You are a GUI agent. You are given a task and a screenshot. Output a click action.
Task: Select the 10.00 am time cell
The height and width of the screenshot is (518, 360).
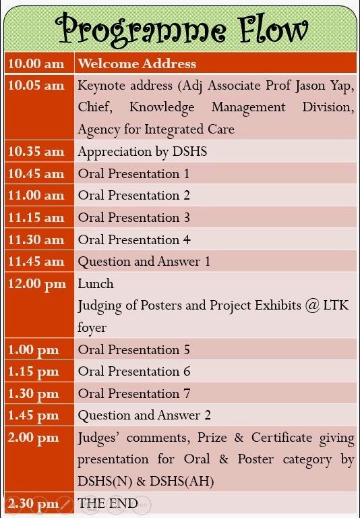(x=36, y=64)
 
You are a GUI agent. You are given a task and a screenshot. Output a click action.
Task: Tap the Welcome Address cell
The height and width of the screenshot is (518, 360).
(x=137, y=64)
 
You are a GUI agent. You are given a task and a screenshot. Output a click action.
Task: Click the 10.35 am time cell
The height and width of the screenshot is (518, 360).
(x=36, y=152)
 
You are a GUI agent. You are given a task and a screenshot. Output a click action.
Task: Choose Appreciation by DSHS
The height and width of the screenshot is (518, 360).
(x=142, y=152)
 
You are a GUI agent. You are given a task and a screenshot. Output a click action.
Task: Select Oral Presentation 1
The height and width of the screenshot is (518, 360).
(x=133, y=174)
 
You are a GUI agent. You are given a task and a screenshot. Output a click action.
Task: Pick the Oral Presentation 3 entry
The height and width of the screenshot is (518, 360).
(x=133, y=218)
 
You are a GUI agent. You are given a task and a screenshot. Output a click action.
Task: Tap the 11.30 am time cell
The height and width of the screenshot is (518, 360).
(x=36, y=239)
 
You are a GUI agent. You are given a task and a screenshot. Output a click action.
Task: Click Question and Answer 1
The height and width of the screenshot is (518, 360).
(x=144, y=262)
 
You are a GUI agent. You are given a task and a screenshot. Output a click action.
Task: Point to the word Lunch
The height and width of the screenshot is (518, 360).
(x=96, y=284)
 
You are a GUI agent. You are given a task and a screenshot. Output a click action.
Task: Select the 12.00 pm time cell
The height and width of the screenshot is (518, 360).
(x=37, y=284)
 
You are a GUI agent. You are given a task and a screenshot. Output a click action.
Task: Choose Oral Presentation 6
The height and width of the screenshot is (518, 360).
(x=133, y=372)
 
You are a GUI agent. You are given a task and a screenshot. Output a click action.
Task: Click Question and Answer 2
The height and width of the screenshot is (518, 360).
(x=144, y=415)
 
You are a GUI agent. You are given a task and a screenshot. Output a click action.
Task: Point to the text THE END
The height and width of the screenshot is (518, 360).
(x=108, y=503)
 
